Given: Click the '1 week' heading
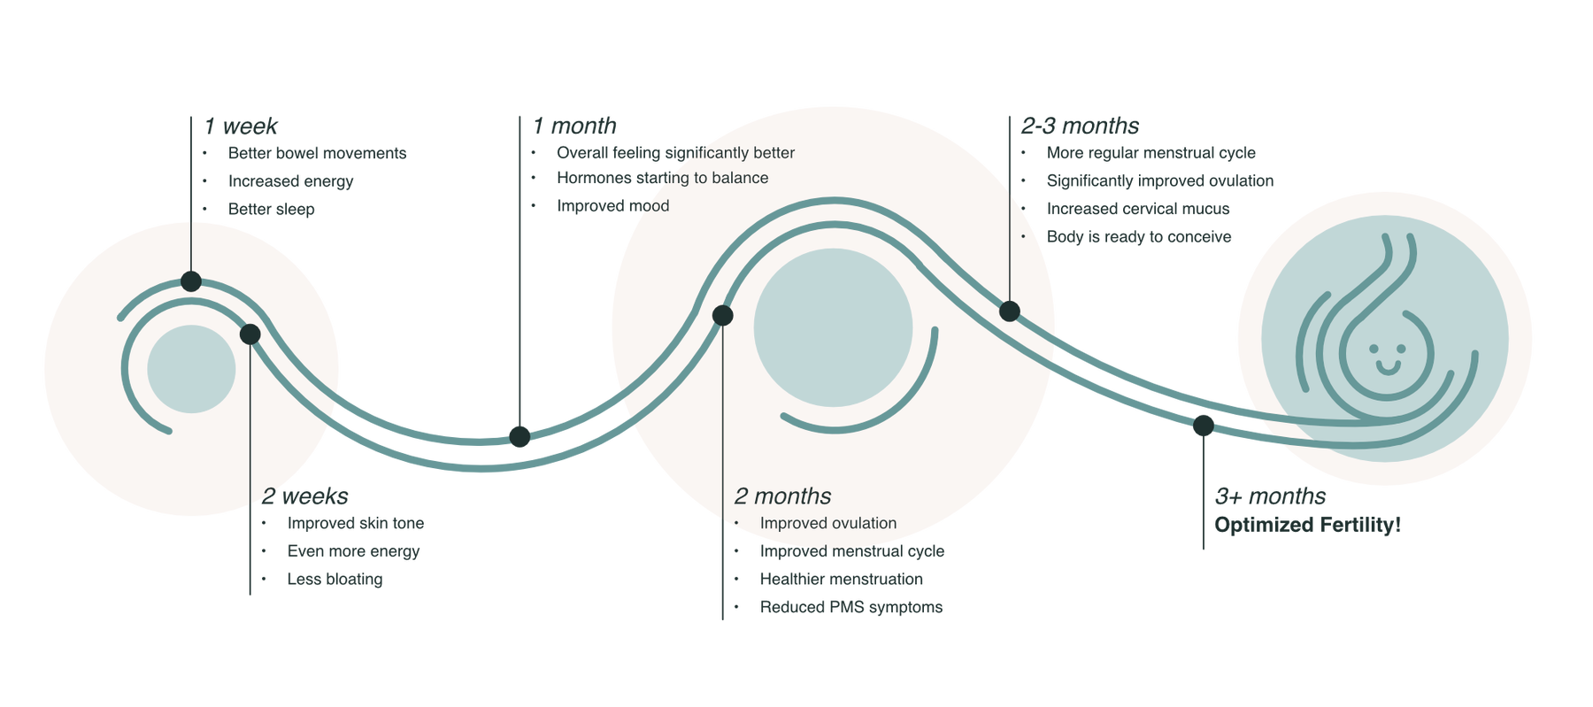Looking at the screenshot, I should click(x=242, y=127).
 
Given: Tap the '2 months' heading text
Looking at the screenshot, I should click(x=782, y=496).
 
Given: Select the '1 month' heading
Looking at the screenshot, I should click(x=573, y=127).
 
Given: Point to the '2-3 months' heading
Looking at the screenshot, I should click(x=1080, y=126).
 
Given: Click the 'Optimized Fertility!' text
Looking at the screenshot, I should click(x=1307, y=525).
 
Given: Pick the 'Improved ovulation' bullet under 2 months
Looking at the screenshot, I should click(x=827, y=524).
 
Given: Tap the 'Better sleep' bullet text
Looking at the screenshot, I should click(x=272, y=210).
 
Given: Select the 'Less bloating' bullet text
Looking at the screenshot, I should click(x=335, y=580).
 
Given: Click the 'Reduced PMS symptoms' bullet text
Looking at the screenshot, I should click(x=850, y=608).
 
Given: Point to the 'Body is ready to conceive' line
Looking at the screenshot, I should click(x=1139, y=237).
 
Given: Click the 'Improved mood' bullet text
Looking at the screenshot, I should click(x=612, y=206).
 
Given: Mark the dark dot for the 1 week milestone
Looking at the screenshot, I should click(x=191, y=282).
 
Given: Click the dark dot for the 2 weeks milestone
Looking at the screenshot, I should click(x=250, y=334).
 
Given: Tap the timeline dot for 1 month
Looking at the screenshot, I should click(x=519, y=436).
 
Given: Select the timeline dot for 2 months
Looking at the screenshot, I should click(x=722, y=315).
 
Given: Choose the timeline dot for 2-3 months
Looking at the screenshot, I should click(x=1009, y=311).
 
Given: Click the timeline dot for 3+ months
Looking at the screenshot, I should click(x=1202, y=426).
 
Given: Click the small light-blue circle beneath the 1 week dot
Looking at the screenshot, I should click(x=191, y=369).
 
